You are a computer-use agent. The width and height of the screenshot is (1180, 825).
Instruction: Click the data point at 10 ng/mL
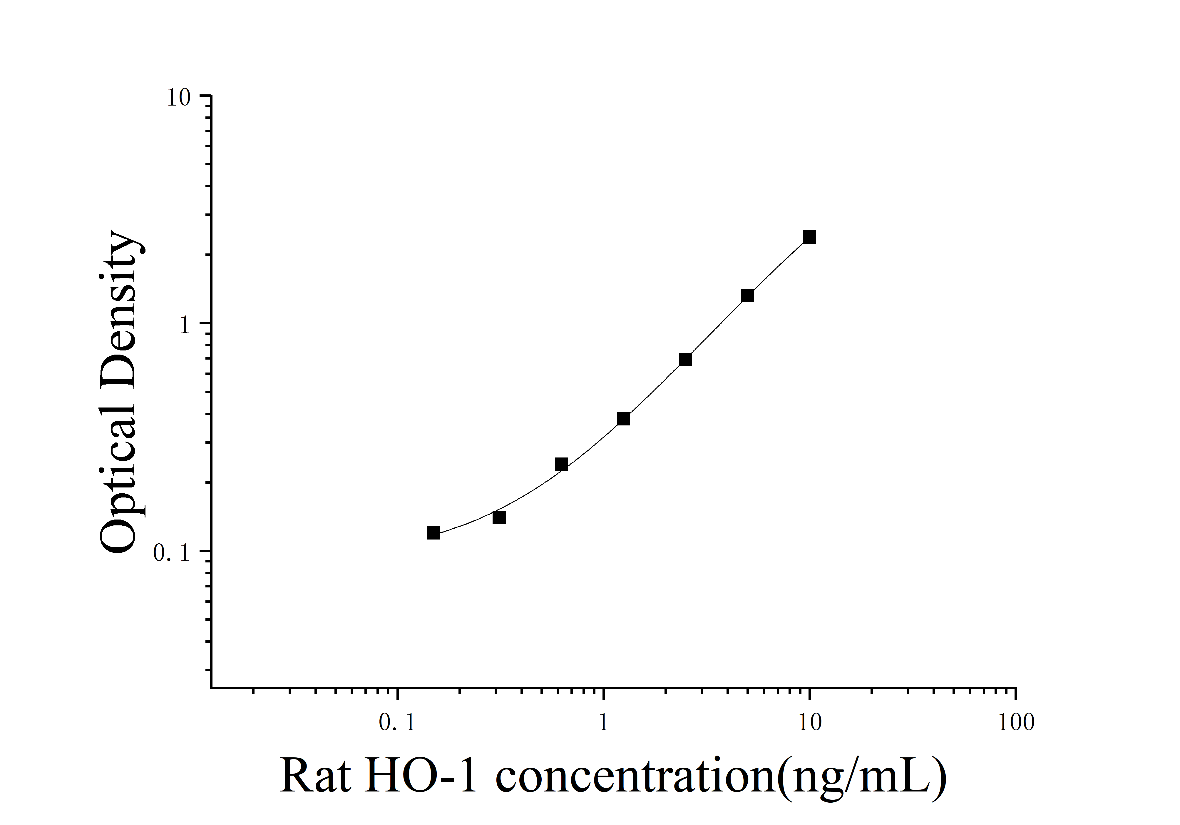[x=809, y=237]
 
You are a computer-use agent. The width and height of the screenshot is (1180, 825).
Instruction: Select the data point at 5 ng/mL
[x=747, y=295]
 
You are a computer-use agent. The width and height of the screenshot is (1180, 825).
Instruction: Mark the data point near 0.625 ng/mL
[x=561, y=464]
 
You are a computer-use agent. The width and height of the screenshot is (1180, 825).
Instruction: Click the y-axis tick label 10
[x=178, y=98]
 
